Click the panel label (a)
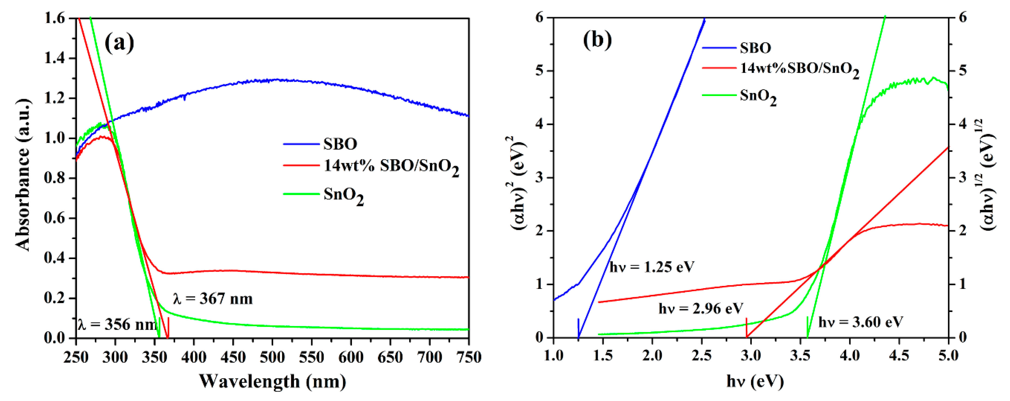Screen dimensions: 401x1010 point(119,42)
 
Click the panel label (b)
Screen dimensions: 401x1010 point(597,39)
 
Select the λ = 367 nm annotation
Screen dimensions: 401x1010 point(213,299)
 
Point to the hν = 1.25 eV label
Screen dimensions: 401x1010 point(652,267)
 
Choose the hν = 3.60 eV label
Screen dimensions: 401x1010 point(860,322)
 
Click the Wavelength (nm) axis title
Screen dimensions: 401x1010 point(273,381)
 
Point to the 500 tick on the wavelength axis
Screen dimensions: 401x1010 point(273,357)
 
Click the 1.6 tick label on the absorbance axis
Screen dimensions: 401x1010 point(55,19)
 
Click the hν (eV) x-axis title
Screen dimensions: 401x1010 point(755,381)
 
